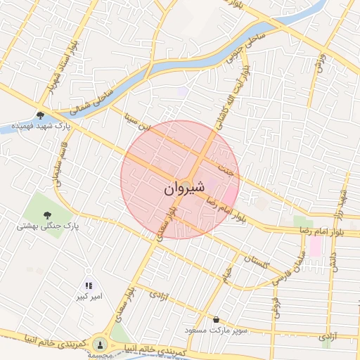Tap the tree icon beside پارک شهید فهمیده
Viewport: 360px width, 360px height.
41,115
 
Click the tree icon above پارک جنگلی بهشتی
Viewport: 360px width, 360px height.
47,215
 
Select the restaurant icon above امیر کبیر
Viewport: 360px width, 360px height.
89,286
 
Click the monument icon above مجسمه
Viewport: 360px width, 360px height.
100,345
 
